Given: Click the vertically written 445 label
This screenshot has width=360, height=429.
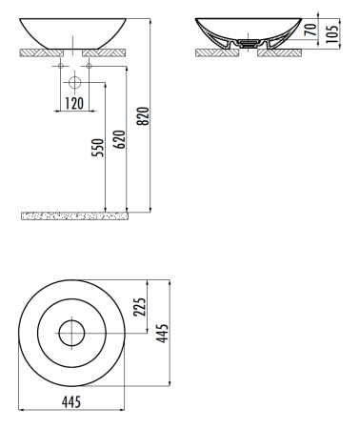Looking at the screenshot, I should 162,334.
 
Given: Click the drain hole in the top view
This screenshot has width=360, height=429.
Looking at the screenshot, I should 72,334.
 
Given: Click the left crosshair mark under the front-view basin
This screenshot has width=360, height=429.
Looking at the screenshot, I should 59,68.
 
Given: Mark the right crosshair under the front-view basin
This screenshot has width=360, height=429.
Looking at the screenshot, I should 88,68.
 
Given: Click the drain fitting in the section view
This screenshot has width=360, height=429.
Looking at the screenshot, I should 248,44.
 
